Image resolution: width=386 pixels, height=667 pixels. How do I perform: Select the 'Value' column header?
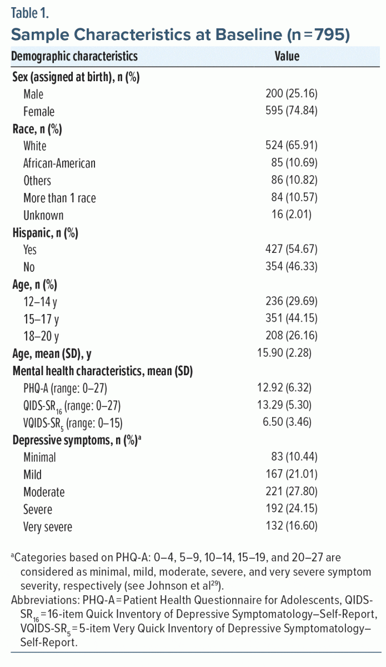tap(287, 56)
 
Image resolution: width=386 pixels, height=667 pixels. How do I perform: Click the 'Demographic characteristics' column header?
tap(74, 56)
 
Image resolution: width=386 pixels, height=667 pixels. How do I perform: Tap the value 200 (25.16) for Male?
tap(292, 94)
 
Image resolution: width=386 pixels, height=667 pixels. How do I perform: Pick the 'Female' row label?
tap(39, 111)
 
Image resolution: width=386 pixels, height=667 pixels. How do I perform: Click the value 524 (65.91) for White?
tap(292, 146)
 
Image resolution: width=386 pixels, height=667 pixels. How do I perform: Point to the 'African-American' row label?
tap(59, 163)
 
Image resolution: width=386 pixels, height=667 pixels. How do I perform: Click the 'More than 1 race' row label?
tap(59, 197)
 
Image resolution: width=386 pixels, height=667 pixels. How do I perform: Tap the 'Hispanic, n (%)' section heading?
tap(45, 232)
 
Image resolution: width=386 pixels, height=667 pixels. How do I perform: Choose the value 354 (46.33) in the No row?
tap(292, 266)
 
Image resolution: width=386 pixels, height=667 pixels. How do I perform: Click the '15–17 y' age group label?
tap(41, 318)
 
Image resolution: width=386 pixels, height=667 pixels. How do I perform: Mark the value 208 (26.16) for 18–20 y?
tap(292, 336)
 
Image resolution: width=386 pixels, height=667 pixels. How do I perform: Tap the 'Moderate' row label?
tap(44, 492)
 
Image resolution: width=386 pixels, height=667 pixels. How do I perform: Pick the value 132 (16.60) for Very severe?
tap(292, 526)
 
